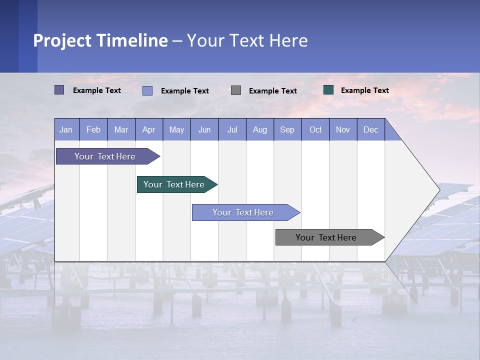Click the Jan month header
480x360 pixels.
[x=66, y=129]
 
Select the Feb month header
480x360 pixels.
[x=93, y=129]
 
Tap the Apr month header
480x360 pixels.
[x=148, y=129]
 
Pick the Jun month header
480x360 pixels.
[x=204, y=129]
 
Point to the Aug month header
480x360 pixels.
[x=259, y=129]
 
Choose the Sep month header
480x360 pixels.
[x=287, y=129]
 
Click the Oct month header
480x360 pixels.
[x=315, y=129]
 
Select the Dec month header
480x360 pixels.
[x=370, y=129]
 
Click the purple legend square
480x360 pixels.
[x=59, y=90]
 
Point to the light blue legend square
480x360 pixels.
[x=147, y=90]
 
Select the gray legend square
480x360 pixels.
[x=236, y=90]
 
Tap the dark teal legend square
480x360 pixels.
[x=328, y=90]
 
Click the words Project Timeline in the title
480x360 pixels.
[x=100, y=40]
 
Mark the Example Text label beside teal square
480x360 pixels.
[x=364, y=90]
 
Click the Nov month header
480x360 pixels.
[x=343, y=129]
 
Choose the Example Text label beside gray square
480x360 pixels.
[x=272, y=90]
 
